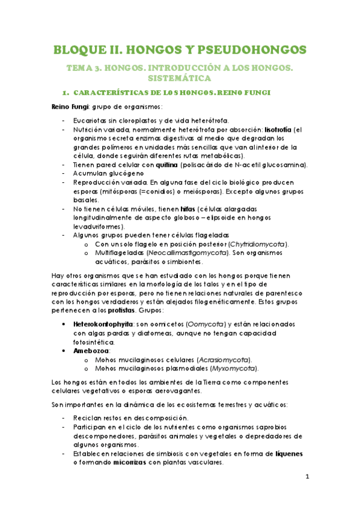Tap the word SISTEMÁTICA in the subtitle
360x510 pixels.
(180, 78)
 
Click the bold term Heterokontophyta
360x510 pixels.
(94, 324)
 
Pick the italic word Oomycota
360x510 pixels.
(204, 324)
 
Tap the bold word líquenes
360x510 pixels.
(287, 454)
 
